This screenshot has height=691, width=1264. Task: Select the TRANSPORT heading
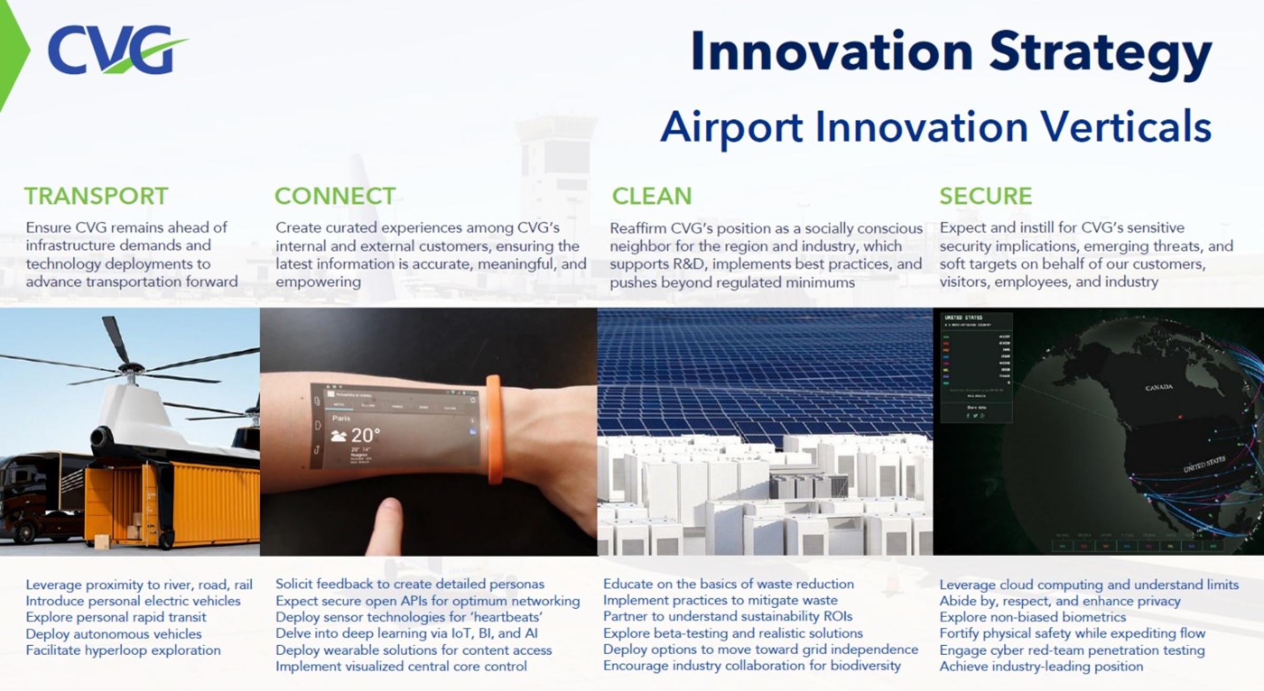click(96, 196)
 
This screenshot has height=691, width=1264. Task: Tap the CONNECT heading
click(335, 196)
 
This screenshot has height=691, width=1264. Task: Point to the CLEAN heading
click(651, 196)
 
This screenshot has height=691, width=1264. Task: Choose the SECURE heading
click(985, 196)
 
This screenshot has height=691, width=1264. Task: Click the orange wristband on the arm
click(493, 429)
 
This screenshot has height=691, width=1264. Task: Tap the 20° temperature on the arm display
click(365, 435)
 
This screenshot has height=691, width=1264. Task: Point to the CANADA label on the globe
click(1159, 387)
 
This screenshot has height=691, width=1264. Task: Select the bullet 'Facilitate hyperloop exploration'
click(123, 650)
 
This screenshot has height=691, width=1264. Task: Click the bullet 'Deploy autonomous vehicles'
click(114, 634)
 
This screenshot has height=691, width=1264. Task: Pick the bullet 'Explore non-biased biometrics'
click(1032, 617)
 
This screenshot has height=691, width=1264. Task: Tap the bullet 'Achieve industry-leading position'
click(1041, 666)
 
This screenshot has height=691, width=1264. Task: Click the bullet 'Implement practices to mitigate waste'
click(720, 600)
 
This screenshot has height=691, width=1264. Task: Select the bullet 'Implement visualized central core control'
click(401, 666)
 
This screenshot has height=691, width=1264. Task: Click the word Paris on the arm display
click(341, 418)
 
